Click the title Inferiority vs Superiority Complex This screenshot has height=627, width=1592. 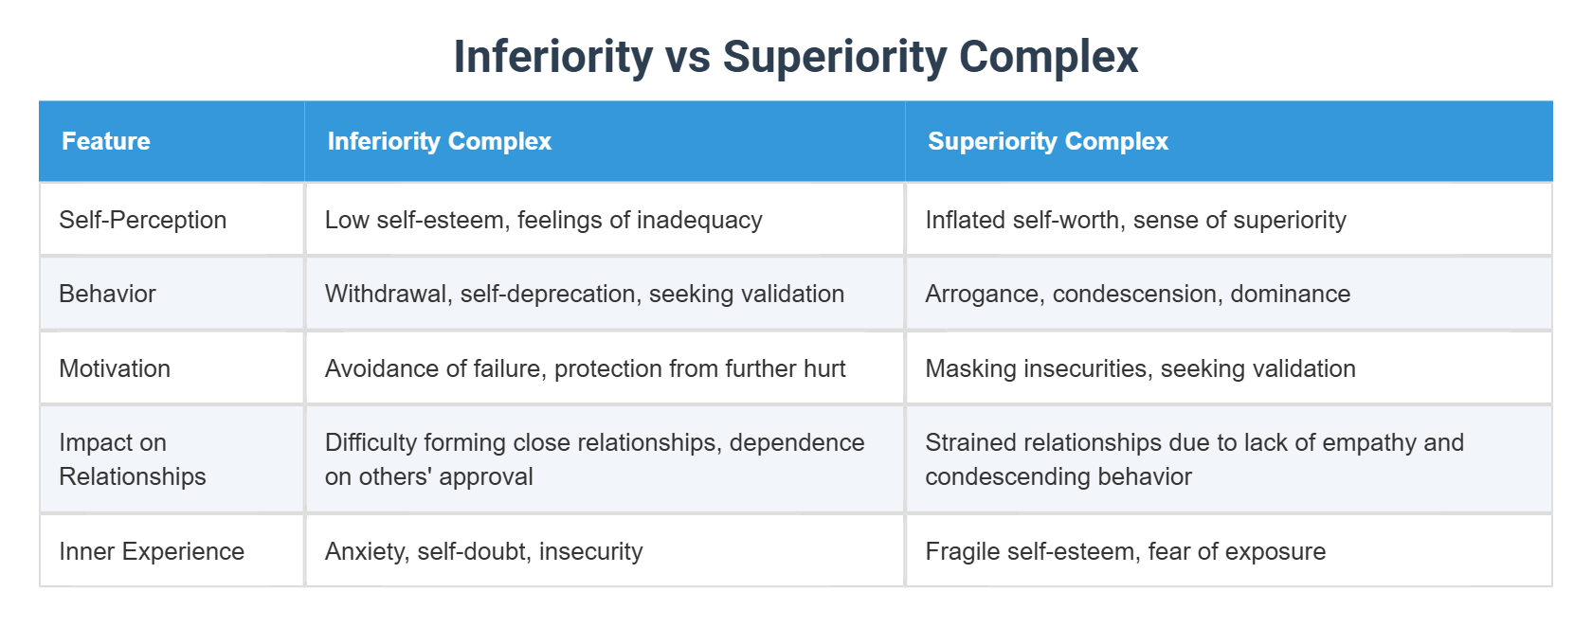795,57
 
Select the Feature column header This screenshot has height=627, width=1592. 106,141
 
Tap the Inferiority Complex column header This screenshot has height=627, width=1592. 439,141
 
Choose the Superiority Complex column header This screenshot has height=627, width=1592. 1047,141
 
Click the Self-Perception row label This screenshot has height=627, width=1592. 142,220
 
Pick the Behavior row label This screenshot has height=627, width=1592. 107,294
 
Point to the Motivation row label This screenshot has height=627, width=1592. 115,368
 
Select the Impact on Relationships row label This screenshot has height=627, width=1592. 132,459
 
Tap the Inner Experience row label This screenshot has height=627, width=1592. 152,551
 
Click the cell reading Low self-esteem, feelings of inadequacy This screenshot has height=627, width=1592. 543,220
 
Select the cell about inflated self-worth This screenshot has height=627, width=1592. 1135,220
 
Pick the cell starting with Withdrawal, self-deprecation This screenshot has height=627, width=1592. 584,294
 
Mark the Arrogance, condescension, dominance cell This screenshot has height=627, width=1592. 1137,294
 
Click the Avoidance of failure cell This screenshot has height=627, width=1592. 585,368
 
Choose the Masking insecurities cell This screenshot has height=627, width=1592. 1140,368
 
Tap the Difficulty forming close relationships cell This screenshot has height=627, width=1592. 594,459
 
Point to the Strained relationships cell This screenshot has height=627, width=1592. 1194,459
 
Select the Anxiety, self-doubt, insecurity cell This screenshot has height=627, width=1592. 483,551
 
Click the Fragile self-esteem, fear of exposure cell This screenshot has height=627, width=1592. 1125,551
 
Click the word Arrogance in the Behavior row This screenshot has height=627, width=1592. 984,294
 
